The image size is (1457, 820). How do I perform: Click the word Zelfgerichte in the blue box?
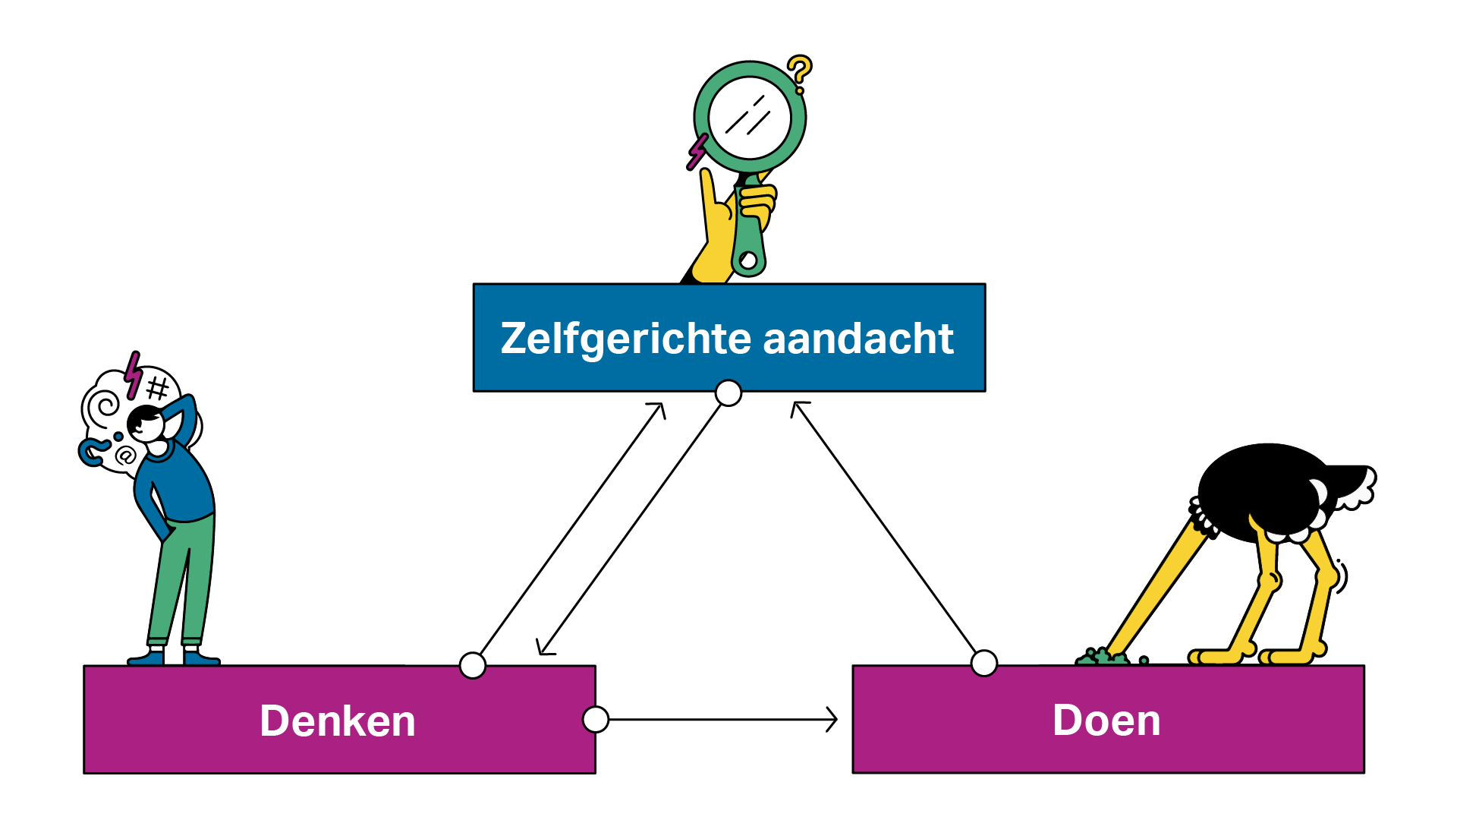coord(627,339)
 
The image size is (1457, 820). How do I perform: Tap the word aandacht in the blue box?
coord(858,339)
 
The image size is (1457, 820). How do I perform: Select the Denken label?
coord(338,721)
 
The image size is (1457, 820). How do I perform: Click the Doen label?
coord(1106,720)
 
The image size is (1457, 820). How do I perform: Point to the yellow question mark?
coord(799,72)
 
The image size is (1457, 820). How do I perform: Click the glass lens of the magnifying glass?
coord(750,118)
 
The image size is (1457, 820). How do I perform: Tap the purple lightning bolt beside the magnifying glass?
coord(697,151)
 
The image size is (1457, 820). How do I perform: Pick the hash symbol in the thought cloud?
coord(158,388)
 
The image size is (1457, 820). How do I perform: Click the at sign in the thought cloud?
coord(126,456)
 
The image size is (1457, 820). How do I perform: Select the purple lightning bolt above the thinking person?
coord(134,374)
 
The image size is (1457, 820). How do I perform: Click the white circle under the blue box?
coord(728,393)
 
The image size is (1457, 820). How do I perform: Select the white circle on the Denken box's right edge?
coord(596,719)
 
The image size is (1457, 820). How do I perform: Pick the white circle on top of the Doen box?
coord(984,663)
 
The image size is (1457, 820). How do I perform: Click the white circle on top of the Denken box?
coord(473,665)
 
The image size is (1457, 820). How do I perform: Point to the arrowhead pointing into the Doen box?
coord(832,719)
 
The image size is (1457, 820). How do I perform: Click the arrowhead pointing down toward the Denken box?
coord(543,648)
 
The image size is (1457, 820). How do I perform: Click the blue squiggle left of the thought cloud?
coord(92,452)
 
